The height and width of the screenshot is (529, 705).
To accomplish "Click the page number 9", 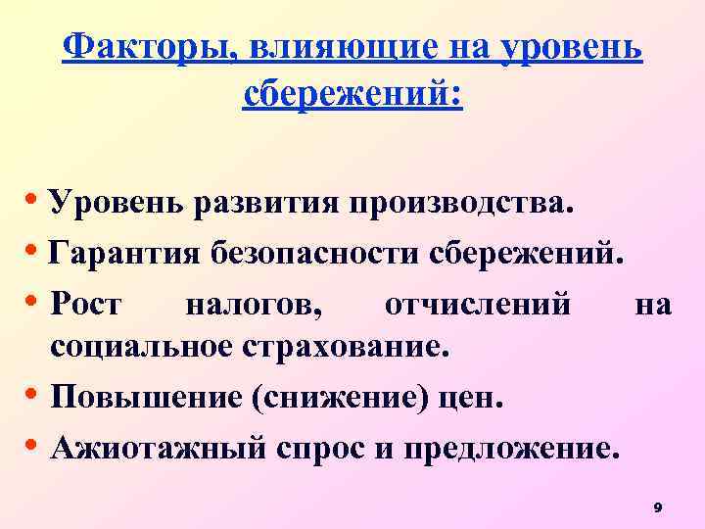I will click(x=657, y=507).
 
